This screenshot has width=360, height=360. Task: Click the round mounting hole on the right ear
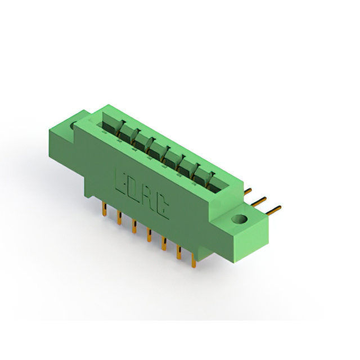(x=240, y=219)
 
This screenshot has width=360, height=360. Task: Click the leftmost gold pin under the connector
(x=105, y=209)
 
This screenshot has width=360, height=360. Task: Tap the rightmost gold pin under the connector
(x=193, y=260)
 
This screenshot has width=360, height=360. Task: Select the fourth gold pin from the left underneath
(x=149, y=235)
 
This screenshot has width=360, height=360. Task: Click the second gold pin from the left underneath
(x=119, y=218)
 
